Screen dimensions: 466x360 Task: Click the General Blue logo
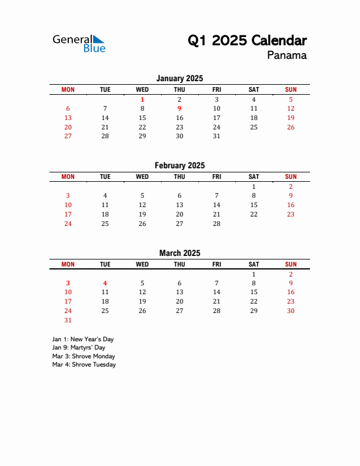tap(79, 43)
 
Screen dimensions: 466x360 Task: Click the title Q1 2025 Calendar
tap(247, 41)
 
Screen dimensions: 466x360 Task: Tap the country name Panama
tap(286, 56)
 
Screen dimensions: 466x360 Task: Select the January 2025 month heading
tap(179, 78)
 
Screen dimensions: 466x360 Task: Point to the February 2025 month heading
tap(179, 166)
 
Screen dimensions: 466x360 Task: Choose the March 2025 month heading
tap(179, 253)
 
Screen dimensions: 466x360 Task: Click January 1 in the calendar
tap(142, 99)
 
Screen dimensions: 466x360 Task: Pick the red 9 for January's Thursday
tap(179, 108)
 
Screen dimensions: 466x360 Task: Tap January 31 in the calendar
tap(216, 136)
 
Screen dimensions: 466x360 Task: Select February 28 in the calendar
tap(216, 224)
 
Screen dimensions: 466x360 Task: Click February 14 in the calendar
tap(216, 205)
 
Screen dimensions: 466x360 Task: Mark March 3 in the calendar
tap(68, 283)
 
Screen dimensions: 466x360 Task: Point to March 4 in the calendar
tap(105, 283)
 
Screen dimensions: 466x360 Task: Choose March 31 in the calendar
tap(68, 320)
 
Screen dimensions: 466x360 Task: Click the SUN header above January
tap(291, 89)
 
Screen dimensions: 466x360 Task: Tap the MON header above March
tap(68, 264)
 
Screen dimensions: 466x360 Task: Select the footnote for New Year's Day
tap(83, 339)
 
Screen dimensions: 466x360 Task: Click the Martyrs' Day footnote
tap(79, 348)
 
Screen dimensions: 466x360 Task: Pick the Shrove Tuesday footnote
tap(84, 364)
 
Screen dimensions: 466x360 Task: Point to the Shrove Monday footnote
tap(84, 356)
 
